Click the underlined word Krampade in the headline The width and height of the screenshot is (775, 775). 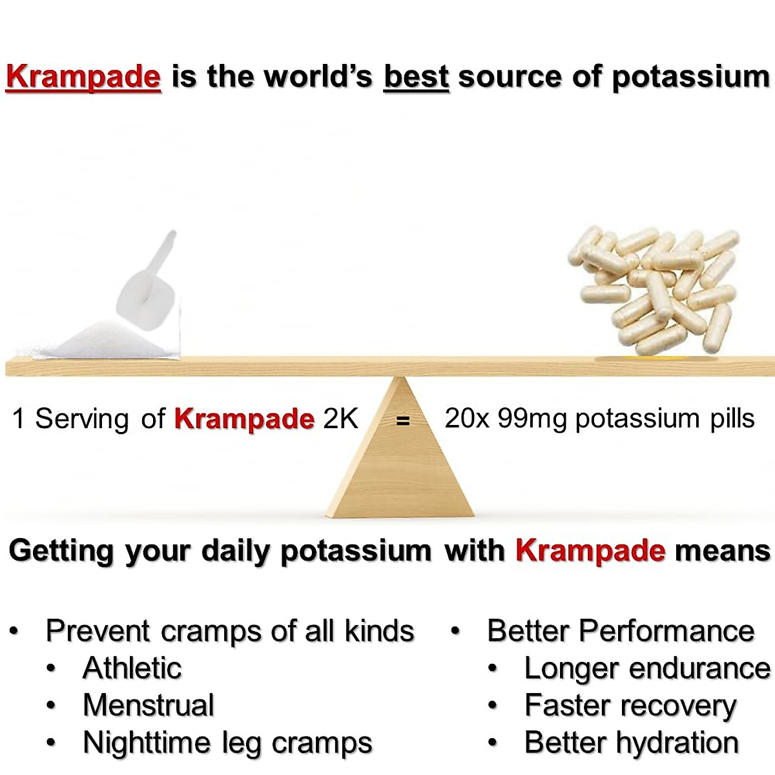[83, 77]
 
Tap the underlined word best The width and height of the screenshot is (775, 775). [416, 77]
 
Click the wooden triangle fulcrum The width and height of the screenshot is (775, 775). [400, 465]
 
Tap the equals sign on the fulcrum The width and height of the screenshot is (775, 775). [403, 420]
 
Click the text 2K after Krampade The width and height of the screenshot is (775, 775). [340, 418]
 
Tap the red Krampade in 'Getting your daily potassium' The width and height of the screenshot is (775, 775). [590, 551]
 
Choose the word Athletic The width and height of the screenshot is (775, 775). [132, 668]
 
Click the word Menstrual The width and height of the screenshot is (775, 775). [149, 705]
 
